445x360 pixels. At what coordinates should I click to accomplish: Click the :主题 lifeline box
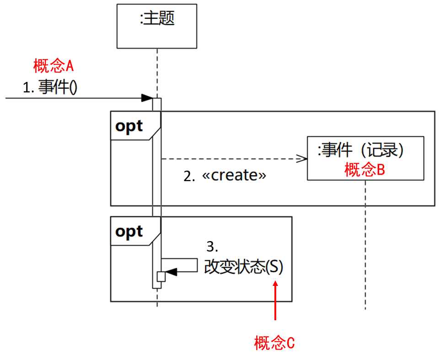tap(157, 26)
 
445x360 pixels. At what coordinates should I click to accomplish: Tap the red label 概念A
tap(54, 66)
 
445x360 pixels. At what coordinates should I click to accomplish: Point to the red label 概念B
tap(365, 170)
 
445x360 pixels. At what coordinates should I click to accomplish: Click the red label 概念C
tap(275, 343)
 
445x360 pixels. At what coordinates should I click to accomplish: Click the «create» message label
tap(234, 176)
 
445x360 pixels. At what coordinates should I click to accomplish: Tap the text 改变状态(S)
tap(243, 268)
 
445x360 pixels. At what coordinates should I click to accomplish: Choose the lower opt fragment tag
tap(129, 231)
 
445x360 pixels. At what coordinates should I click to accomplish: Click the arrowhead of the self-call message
tap(171, 272)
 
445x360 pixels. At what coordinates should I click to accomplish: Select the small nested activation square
tap(161, 276)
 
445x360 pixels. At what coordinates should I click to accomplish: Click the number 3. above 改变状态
tap(212, 247)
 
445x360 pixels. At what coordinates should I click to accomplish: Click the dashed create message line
tap(229, 159)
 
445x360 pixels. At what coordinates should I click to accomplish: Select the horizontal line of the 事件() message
tap(73, 98)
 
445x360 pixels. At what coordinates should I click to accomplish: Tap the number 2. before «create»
tap(189, 176)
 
